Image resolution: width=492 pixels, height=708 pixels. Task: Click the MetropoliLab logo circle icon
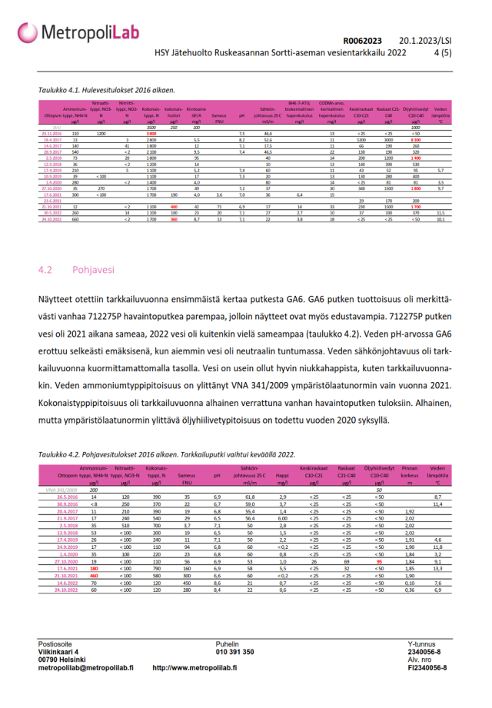pyautogui.click(x=28, y=32)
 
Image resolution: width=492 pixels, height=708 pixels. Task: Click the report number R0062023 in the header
pyautogui.click(x=362, y=41)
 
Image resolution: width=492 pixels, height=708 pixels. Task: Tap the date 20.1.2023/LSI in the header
pyautogui.click(x=427, y=41)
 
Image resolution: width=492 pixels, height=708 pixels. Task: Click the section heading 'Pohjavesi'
pyautogui.click(x=95, y=271)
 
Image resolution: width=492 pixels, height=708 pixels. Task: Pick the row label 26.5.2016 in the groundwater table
pyautogui.click(x=68, y=497)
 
